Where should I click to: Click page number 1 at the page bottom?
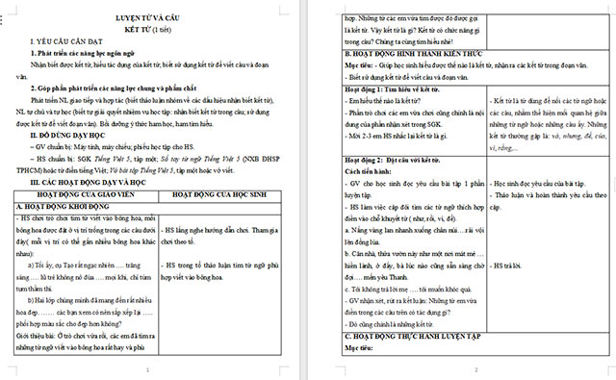(145, 370)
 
